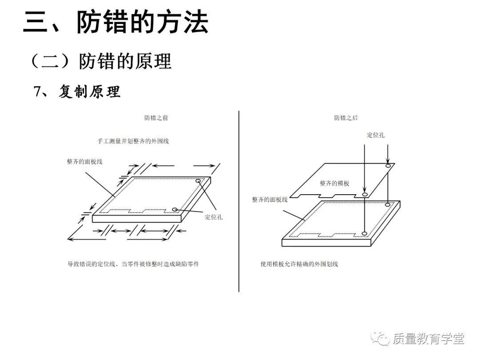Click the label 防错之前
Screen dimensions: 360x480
point(156,118)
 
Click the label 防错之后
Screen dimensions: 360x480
point(346,118)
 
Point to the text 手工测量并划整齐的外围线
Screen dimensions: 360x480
point(133,141)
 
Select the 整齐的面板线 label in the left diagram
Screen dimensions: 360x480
point(84,161)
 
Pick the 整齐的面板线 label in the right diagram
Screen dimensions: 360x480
point(269,200)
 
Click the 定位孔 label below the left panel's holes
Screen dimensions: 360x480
point(214,217)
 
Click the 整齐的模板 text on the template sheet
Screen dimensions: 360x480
point(334,184)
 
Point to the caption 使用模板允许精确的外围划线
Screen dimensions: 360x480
point(299,264)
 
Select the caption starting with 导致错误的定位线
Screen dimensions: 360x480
point(133,264)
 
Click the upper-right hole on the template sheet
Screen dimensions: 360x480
point(388,165)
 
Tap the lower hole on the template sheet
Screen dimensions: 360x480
point(364,195)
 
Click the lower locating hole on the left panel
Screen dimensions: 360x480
point(175,209)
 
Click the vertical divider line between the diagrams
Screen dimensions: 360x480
point(239,200)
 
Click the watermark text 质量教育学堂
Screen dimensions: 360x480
point(428,339)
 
